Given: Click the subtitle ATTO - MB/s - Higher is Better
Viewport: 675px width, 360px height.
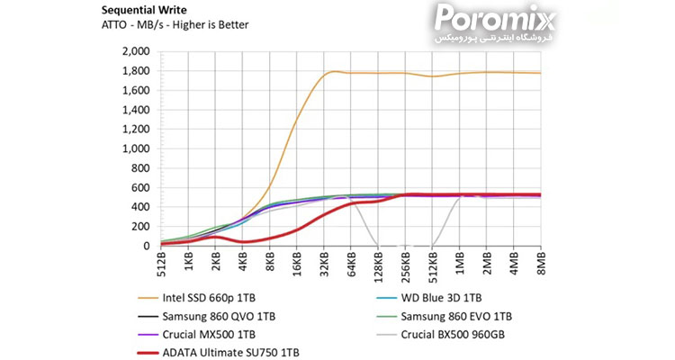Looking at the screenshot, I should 174,27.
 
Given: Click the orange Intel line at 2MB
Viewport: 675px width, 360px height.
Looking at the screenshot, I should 487,72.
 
